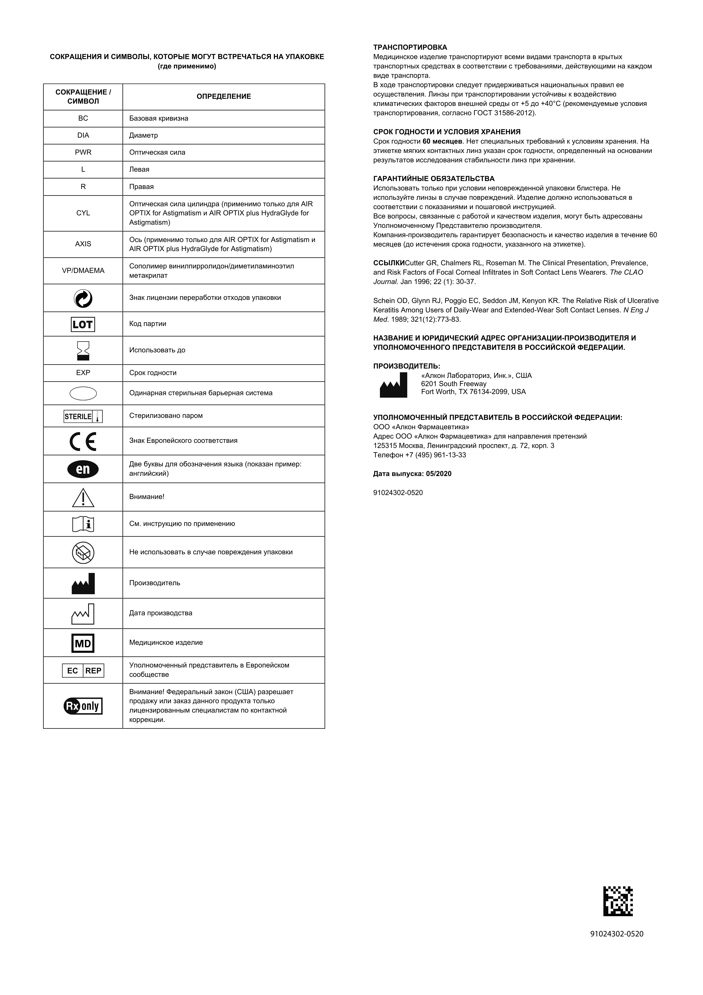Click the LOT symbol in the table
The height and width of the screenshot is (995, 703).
(x=83, y=324)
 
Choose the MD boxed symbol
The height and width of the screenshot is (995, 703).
(x=83, y=643)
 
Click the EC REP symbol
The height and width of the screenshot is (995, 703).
(x=83, y=670)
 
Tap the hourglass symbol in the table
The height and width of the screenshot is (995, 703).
(x=83, y=350)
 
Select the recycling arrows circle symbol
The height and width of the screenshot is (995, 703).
(x=83, y=298)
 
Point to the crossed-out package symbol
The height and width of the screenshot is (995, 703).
(x=83, y=553)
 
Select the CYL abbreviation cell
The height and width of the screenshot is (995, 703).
(x=83, y=213)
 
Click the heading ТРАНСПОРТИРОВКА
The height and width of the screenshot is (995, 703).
(x=410, y=47)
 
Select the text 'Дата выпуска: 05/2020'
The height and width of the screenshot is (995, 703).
(x=412, y=474)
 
